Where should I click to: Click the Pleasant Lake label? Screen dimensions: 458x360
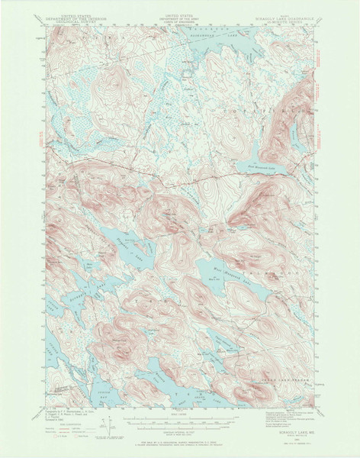(x=131, y=250)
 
